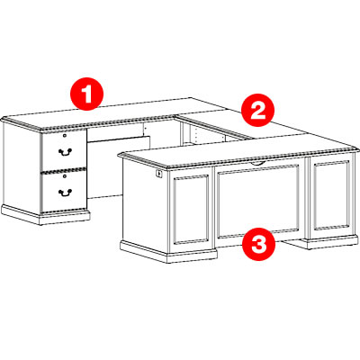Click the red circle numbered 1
[x=86, y=94]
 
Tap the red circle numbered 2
[x=258, y=110]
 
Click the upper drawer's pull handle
[x=65, y=152]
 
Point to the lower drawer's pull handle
[x=65, y=193]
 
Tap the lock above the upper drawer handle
[x=65, y=136]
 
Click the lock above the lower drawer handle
[x=65, y=176]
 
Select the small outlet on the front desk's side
[x=158, y=173]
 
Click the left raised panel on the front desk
[x=191, y=209]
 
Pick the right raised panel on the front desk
[x=331, y=195]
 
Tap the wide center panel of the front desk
[x=258, y=201]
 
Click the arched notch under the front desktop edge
[x=258, y=163]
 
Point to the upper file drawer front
[x=64, y=150]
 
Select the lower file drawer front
[x=64, y=192]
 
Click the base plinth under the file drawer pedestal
[x=45, y=215]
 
